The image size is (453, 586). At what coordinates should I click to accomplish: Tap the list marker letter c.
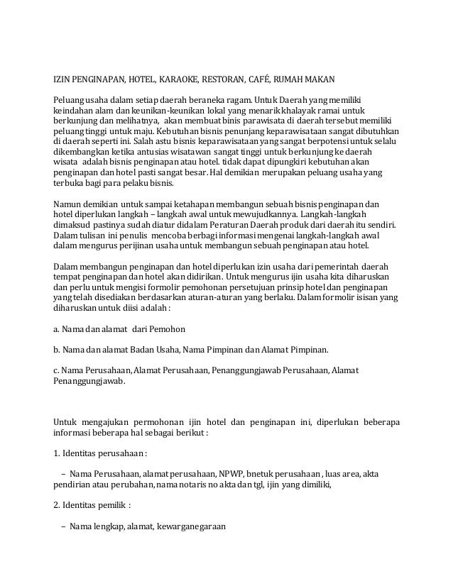(x=56, y=370)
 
